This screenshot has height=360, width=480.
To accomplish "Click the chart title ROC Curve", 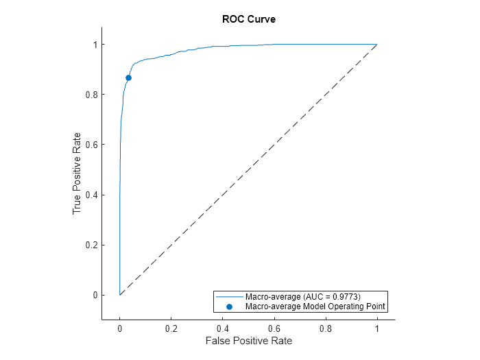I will [x=249, y=19].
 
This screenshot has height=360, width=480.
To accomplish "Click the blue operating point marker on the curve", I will [x=128, y=78].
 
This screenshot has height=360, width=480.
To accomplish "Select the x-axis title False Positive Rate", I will [x=248, y=341].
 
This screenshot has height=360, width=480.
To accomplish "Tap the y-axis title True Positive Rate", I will [x=77, y=173].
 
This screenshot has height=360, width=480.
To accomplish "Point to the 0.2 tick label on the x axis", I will [x=171, y=328].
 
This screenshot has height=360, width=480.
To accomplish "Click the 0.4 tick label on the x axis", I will [x=223, y=328].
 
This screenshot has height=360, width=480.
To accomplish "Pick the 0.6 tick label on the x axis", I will [x=274, y=328].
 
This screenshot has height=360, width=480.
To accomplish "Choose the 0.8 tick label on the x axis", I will [x=326, y=328].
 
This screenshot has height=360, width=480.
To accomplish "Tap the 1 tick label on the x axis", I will [x=377, y=328].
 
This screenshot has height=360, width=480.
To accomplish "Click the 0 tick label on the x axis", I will [x=120, y=328].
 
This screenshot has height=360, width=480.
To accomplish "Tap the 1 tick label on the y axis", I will [x=95, y=45].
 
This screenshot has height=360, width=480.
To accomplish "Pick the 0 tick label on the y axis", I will [x=95, y=295].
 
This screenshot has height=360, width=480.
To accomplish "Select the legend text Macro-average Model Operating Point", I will [x=315, y=307].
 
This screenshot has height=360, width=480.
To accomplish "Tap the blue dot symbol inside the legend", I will [x=230, y=307].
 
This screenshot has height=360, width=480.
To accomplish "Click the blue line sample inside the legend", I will [x=230, y=297].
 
